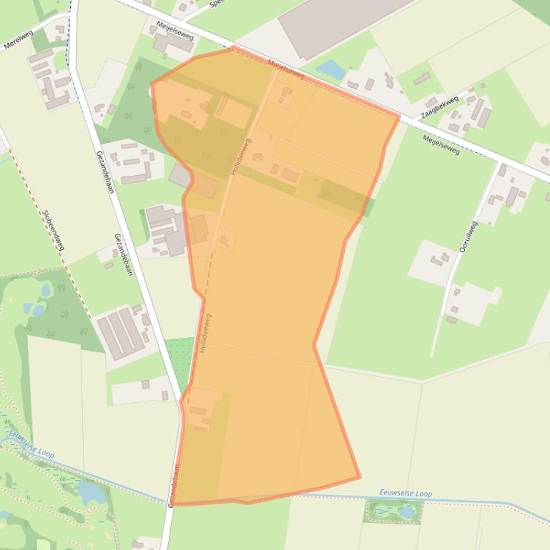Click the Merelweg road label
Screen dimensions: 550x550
19,41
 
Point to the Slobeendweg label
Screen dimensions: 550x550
54,229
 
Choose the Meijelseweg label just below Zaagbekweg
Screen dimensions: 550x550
441,144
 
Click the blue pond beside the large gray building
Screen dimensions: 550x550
330,69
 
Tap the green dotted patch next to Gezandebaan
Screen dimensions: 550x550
180,361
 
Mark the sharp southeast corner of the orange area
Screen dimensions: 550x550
360,476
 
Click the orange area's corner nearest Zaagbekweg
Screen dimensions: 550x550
399,116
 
